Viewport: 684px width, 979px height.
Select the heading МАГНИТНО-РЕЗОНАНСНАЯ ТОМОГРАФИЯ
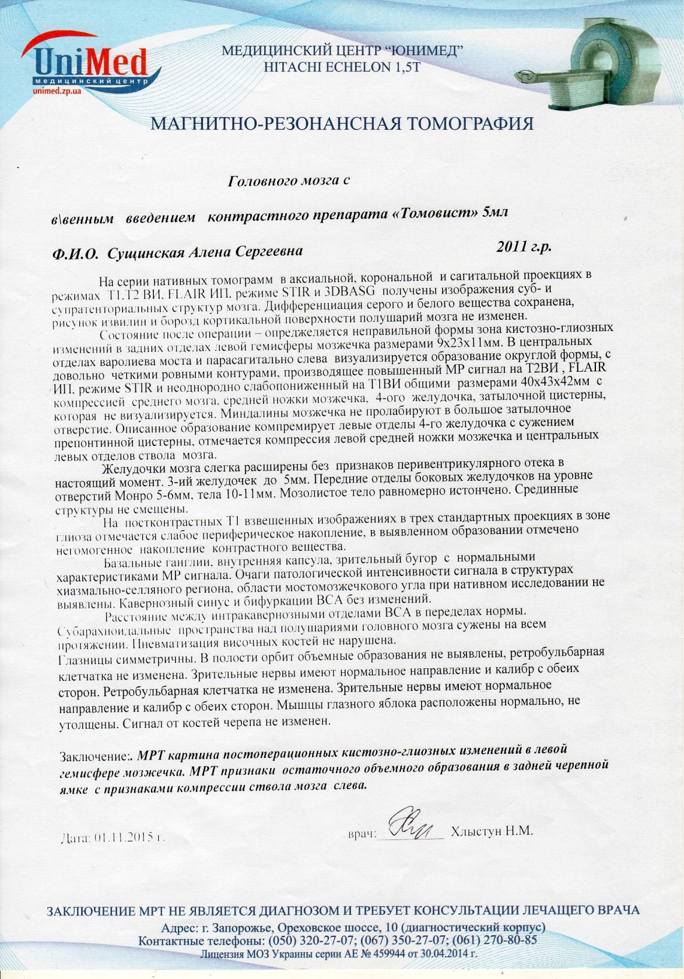tap(342, 124)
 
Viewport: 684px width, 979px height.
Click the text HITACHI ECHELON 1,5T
tap(342, 68)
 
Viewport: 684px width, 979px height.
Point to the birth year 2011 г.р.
tap(524, 246)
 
